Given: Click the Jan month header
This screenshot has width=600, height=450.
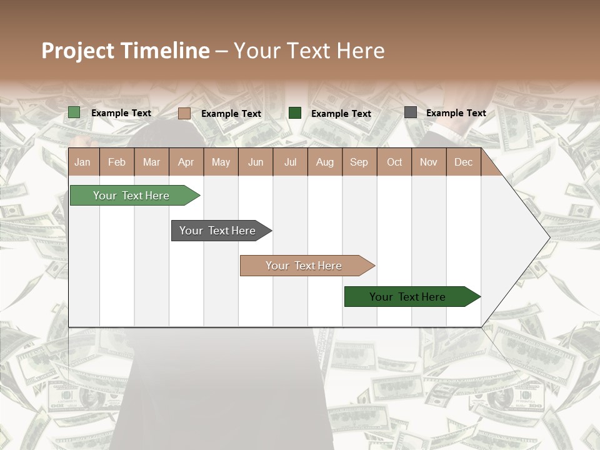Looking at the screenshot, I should tap(82, 162).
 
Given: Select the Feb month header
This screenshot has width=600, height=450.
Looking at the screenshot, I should tap(117, 162).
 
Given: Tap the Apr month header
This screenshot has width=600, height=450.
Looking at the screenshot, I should tap(186, 162).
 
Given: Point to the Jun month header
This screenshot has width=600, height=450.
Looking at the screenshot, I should tap(256, 162).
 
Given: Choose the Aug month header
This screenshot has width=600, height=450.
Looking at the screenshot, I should tap(324, 162).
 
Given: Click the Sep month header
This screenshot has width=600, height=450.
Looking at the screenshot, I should tap(359, 162).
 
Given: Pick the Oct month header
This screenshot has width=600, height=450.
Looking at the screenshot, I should tap(394, 162).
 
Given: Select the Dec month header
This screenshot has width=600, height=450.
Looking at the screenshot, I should tap(463, 162).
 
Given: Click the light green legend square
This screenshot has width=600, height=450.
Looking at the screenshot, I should tap(74, 112).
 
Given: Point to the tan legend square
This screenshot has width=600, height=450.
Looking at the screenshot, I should tap(184, 113).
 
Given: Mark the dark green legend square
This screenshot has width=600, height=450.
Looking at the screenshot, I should tap(295, 112).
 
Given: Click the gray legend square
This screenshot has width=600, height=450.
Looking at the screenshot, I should tap(410, 112).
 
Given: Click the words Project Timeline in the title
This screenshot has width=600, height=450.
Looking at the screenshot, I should tap(126, 51).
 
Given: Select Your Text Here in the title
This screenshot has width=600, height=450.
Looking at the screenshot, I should tap(309, 51).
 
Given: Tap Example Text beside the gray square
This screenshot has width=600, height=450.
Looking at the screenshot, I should tap(456, 113).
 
